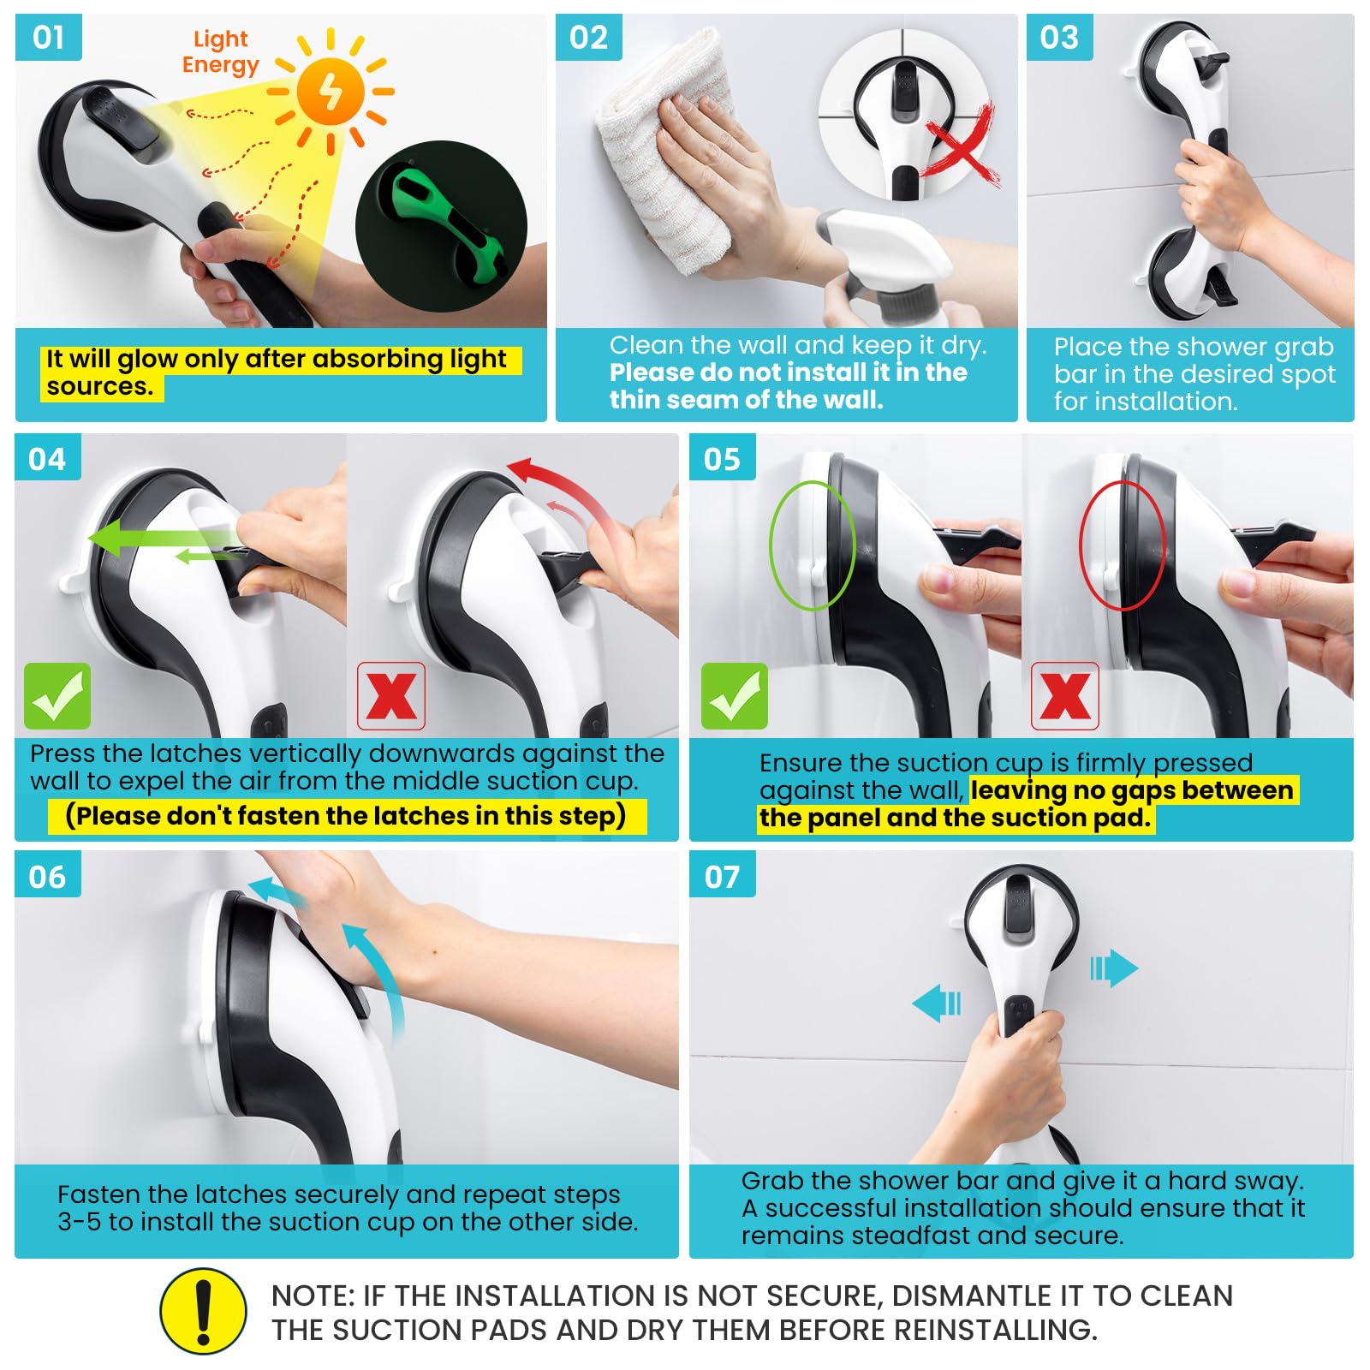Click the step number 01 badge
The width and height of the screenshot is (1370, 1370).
[49, 38]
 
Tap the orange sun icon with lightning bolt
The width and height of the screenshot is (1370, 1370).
[331, 91]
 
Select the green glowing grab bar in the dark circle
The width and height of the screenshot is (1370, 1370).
[441, 227]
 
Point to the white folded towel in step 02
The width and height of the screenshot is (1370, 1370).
[668, 150]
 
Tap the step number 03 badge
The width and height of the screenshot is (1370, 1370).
[1060, 38]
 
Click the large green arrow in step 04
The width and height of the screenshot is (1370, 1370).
[163, 539]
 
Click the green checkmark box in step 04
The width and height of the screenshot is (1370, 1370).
[57, 696]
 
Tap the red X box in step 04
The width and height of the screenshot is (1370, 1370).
[391, 696]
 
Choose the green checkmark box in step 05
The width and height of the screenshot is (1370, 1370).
[735, 696]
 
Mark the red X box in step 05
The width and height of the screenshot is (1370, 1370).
[1065, 696]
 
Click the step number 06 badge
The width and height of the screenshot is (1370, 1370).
[48, 874]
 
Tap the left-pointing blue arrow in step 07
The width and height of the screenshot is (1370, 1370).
[937, 1002]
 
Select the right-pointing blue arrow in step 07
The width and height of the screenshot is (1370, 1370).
[1114, 968]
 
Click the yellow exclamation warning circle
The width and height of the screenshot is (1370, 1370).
[204, 1312]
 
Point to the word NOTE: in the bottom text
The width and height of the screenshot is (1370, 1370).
[313, 1296]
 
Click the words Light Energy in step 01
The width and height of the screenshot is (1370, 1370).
[220, 52]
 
